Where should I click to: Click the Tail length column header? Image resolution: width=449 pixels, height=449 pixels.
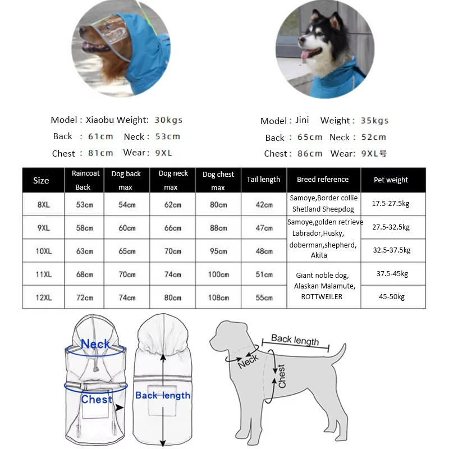263,180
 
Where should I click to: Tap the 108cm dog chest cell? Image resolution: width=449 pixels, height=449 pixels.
218,297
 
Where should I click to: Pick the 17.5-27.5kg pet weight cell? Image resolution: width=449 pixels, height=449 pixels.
391,204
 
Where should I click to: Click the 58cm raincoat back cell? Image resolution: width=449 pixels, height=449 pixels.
84,228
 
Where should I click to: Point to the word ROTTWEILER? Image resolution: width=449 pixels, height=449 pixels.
322,296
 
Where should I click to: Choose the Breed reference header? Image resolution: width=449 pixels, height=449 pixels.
323,180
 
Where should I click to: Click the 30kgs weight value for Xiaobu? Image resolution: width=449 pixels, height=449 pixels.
168,120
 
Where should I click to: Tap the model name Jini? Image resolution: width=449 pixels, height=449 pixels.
301,121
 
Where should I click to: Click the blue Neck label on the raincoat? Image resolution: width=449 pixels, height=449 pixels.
95,344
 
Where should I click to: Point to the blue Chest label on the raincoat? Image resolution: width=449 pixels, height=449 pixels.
97,400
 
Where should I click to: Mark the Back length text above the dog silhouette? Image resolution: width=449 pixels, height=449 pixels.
295,340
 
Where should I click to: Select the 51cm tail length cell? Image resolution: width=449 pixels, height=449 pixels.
264,274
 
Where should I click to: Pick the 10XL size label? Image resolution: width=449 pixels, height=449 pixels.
43,251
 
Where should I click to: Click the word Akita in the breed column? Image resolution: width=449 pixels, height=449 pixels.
319,255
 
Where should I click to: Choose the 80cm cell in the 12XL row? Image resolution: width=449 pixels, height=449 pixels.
173,297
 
